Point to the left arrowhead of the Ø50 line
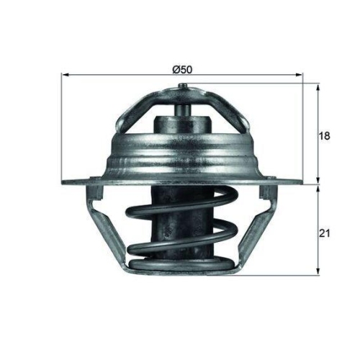point(66,74)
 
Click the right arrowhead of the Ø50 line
point(295,74)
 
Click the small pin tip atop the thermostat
point(179,89)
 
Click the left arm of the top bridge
point(144,108)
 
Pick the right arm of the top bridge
point(216,108)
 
